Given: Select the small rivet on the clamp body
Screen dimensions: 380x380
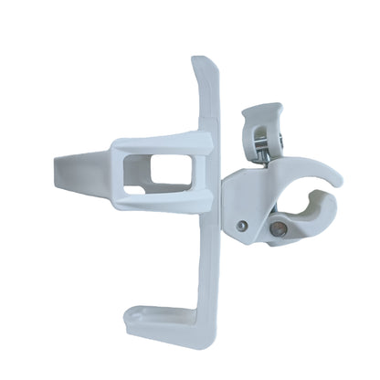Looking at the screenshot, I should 241,226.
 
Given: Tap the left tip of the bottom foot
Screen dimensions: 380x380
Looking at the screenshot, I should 131,315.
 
